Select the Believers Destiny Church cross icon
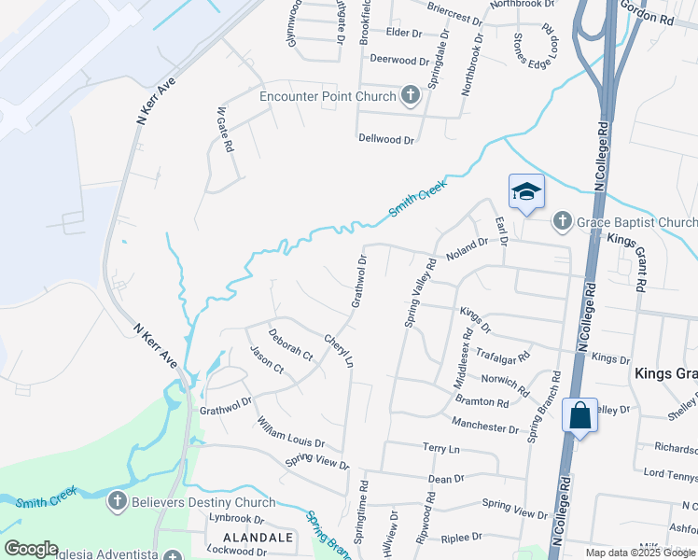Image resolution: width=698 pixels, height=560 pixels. tap(118, 502)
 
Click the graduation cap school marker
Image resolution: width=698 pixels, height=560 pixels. tap(526, 192)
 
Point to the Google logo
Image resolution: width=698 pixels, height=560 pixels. tap(31, 549)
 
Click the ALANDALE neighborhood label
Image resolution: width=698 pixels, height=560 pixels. tap(258, 538)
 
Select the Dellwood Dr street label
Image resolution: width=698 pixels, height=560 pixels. tap(385, 139)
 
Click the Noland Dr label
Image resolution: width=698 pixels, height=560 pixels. tap(467, 248)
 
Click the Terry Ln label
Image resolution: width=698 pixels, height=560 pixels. tap(441, 449)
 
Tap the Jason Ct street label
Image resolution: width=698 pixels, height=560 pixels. tap(267, 359)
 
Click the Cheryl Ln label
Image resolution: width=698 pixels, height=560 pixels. tap(339, 350)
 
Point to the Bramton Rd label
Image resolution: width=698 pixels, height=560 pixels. tap(482, 401)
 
